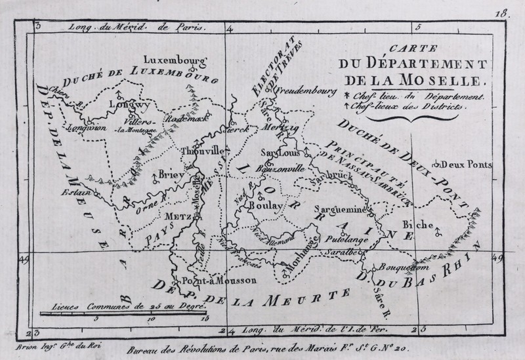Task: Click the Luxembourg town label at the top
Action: (174, 55)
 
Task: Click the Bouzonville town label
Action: (281, 167)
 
